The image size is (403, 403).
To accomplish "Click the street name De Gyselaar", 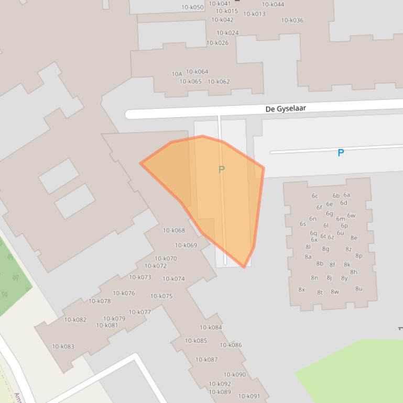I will point(286,109).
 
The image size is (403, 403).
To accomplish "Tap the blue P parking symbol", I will point(341,153).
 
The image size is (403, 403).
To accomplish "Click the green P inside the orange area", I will point(221,170).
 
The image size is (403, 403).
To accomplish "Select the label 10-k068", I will point(174,230).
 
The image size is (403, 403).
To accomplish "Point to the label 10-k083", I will point(63,346).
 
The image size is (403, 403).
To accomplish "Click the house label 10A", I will point(177,74).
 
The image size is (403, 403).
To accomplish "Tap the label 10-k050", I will point(192,7).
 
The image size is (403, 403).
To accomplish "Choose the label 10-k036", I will point(292,20).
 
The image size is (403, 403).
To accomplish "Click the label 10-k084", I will point(211,328).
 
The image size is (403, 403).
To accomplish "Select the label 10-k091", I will point(249,396).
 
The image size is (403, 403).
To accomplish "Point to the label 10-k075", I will point(161,296).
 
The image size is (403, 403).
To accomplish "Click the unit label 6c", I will point(315,196).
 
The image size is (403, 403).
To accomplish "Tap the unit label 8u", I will point(358,288).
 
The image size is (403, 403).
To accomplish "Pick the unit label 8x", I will point(301,289).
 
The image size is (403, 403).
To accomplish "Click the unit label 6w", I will point(351,215).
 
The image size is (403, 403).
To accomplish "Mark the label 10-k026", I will point(217,43).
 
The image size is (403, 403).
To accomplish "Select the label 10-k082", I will point(75,320).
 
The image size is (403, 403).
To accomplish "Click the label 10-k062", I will point(219,82).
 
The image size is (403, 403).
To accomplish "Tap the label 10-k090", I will point(235,375).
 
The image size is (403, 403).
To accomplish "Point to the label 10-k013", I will point(254,14).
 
